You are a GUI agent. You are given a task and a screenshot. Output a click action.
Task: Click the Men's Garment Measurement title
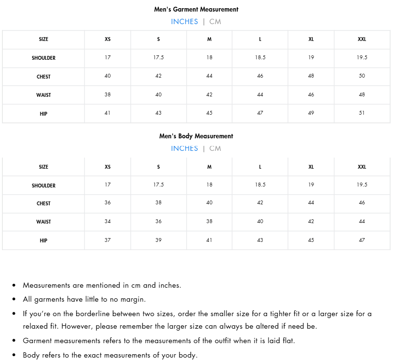[x=196, y=9]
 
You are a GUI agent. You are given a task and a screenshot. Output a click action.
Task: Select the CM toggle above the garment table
[x=215, y=22]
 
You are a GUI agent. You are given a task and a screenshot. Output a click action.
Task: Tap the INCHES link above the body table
[x=184, y=148]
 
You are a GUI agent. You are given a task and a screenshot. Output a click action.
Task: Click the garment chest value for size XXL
[x=362, y=76]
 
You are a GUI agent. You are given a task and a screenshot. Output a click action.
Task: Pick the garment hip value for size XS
[x=108, y=113]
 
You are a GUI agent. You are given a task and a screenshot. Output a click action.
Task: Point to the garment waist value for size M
[x=209, y=94]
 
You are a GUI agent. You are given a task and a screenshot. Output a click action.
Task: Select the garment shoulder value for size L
[x=260, y=57]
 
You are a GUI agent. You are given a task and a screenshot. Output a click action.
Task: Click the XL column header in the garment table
[x=311, y=39]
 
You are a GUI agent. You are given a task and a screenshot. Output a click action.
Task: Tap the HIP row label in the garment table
[x=43, y=114]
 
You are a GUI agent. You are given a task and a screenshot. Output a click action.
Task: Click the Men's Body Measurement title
[x=196, y=136]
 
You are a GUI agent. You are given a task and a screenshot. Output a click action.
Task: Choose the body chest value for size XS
[x=108, y=202]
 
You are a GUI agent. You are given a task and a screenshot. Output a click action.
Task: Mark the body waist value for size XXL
[x=362, y=221]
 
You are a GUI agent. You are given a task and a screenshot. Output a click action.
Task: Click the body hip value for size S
[x=158, y=240]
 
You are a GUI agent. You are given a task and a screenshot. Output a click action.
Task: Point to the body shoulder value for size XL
[x=311, y=185]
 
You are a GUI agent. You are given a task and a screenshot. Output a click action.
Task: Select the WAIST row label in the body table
[x=43, y=222]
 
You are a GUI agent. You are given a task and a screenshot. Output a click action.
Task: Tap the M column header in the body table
[x=209, y=167]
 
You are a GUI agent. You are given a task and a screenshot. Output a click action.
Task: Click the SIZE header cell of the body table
[x=43, y=167]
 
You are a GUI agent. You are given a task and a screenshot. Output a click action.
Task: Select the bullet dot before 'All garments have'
[x=14, y=300]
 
